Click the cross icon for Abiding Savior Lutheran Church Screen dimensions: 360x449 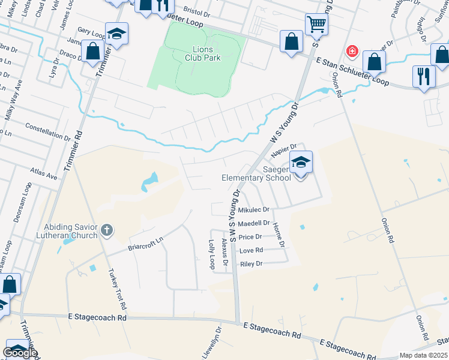107,229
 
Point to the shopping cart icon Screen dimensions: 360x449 316,25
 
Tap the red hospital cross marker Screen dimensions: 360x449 352,52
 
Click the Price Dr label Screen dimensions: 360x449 250,237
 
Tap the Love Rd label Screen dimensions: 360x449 251,250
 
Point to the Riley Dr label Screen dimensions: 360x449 251,263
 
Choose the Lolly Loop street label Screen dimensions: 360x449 211,254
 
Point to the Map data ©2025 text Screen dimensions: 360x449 423,355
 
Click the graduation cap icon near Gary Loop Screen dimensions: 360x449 116,32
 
